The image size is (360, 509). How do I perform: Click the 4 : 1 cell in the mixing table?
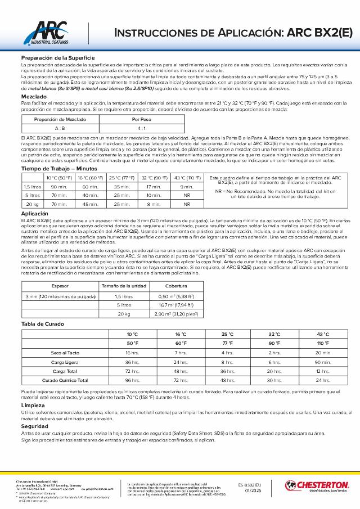point(142,128)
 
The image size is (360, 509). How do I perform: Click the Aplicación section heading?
point(35,214)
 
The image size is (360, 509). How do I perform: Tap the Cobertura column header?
point(176,286)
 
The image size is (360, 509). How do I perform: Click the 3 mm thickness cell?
point(60,296)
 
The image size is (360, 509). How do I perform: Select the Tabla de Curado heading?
point(43,324)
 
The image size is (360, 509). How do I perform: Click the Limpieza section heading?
point(33,405)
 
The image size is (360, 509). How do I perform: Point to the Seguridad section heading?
point(34,426)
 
